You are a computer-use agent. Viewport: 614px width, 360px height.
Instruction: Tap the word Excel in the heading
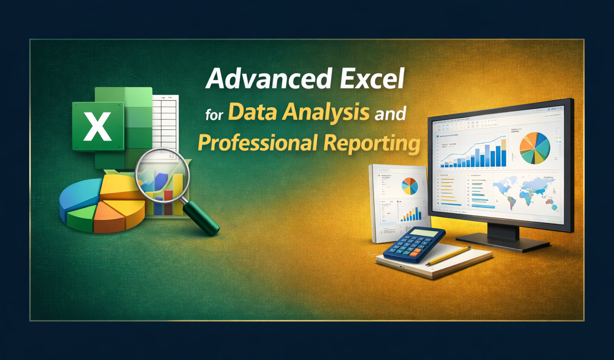372,78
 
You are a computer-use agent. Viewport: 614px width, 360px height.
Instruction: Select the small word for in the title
214,115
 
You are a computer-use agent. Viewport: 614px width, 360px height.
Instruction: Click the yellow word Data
252,112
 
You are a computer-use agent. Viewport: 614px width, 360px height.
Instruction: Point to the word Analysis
326,112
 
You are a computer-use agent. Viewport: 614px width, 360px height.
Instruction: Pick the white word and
390,114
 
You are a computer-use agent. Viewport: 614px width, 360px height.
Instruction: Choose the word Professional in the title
258,143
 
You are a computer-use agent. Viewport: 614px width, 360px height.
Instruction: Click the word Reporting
372,143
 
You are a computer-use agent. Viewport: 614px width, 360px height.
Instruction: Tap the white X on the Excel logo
98,126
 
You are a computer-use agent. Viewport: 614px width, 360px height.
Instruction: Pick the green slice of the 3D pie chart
80,218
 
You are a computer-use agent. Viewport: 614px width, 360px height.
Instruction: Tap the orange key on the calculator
415,252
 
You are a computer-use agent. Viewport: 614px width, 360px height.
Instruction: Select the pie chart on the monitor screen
534,148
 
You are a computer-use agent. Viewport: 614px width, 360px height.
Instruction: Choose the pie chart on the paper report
409,186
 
